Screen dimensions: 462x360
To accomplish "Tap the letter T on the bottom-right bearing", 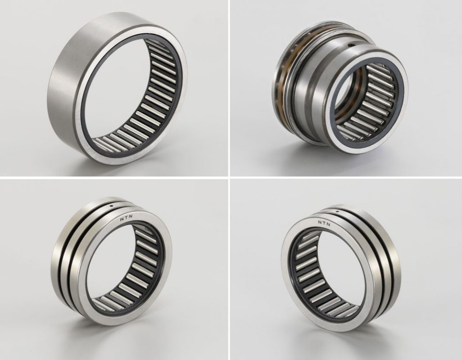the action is (324, 223).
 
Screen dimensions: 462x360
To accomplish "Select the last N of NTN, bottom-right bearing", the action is (329, 225).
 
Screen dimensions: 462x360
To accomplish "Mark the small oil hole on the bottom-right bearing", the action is (337, 211).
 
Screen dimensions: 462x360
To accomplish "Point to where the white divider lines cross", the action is (229, 177).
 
